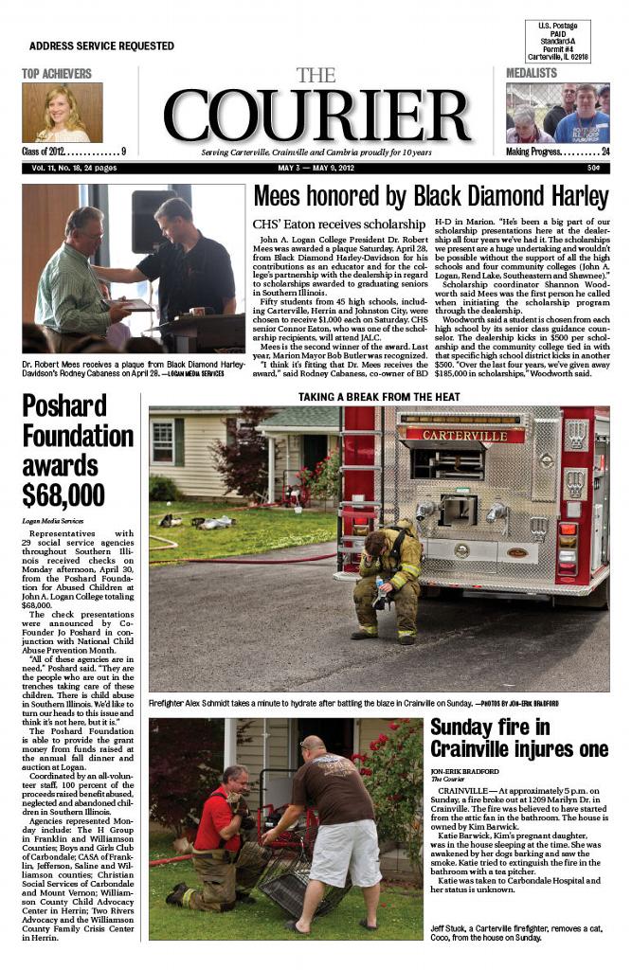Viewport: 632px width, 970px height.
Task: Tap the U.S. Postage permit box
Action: coord(562,41)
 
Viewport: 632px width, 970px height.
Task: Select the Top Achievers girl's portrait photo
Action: coord(63,113)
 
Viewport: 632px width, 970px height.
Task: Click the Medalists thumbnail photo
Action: coord(557,113)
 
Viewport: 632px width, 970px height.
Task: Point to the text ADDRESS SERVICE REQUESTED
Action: coord(101,45)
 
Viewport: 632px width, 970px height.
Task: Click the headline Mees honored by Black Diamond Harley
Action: coord(430,196)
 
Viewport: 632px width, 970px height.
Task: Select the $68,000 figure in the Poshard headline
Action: coord(64,494)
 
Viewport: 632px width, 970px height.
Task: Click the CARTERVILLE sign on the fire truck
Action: coord(464,436)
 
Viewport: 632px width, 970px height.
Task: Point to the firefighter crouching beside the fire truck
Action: coord(388,578)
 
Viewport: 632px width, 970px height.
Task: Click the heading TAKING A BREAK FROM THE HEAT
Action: coord(379,397)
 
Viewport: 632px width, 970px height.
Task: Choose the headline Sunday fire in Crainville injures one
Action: coord(518,737)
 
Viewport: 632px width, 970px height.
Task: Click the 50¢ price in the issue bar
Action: coord(592,168)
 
